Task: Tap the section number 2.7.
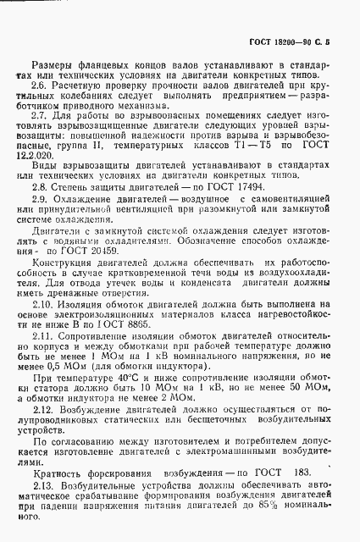[x=40, y=115]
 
